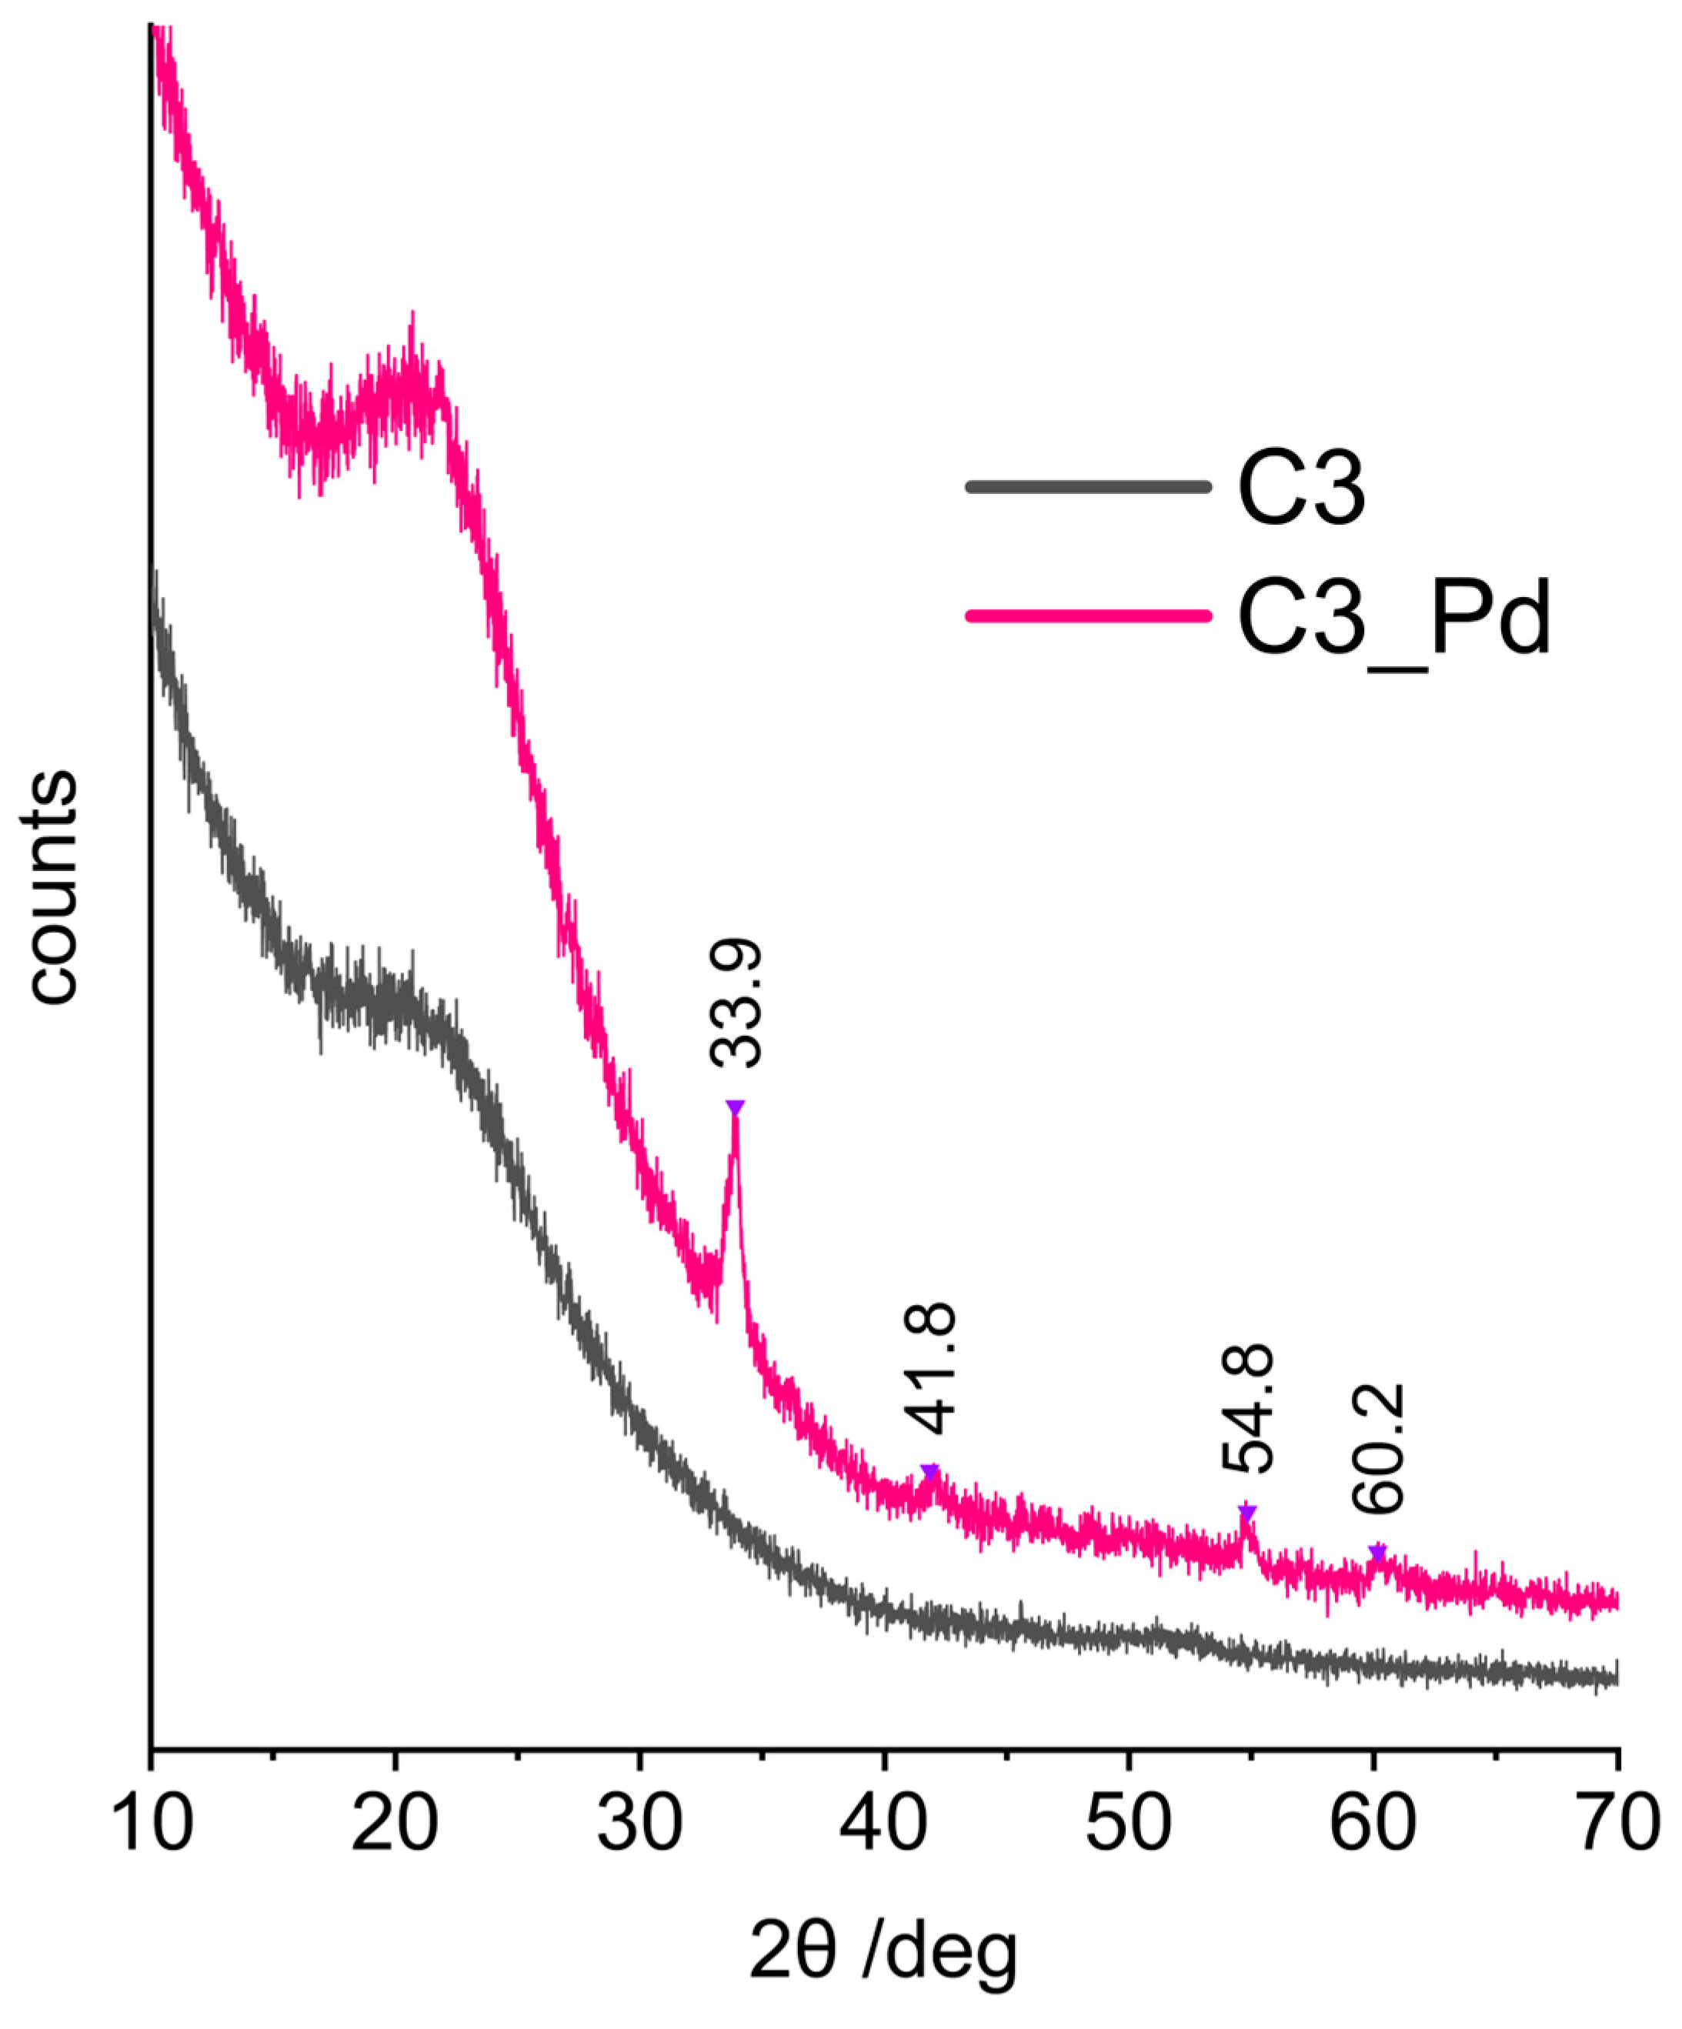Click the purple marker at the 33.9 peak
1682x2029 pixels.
coord(736,1107)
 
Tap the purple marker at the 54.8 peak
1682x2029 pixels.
coord(1246,1510)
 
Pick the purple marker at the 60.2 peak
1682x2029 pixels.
coord(1377,1552)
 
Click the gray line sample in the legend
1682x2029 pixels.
coord(1087,486)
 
